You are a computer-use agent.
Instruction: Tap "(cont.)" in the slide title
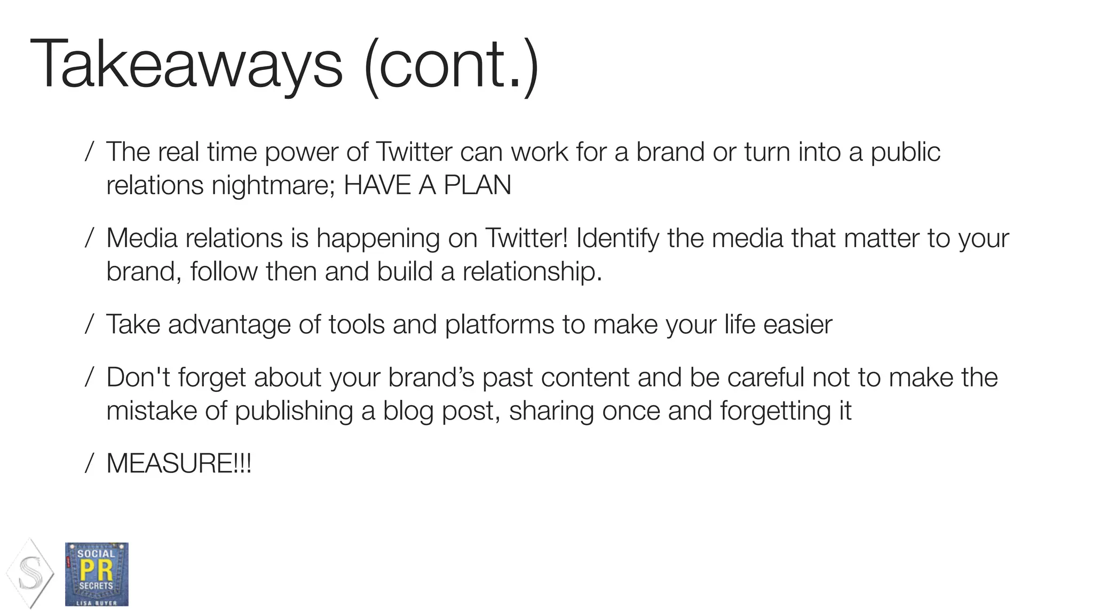452,65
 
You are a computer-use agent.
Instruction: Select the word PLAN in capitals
477,185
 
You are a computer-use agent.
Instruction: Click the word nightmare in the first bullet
273,186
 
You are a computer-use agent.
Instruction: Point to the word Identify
617,238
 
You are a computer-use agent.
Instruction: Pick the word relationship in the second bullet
532,271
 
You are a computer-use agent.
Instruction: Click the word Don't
138,377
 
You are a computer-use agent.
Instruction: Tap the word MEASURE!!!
179,463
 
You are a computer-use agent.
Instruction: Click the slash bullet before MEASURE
90,463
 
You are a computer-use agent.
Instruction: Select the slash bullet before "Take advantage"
90,324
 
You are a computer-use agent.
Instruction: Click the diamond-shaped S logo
30,573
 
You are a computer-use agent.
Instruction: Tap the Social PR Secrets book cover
97,574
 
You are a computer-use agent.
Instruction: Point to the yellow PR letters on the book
96,570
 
